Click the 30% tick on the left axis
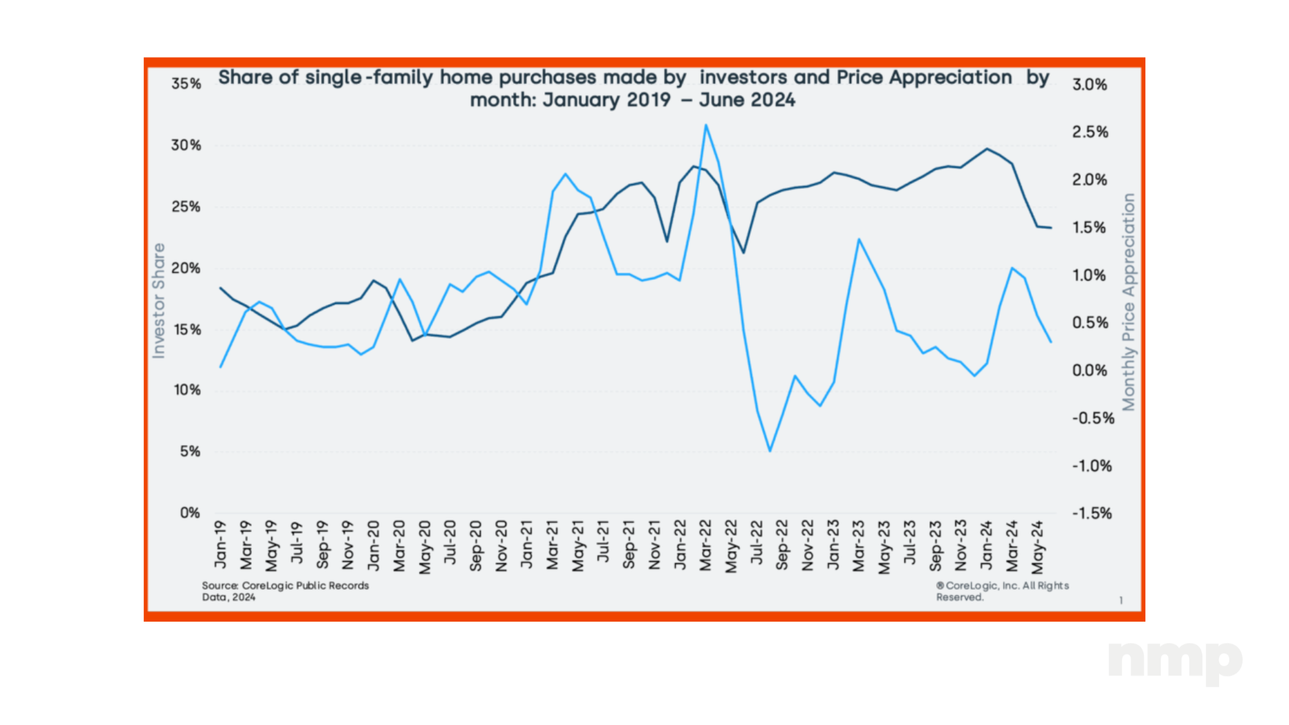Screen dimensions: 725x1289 186,145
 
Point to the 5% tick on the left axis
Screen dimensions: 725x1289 190,452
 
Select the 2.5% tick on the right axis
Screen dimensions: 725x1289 1090,132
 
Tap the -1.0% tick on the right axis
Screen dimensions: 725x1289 1092,466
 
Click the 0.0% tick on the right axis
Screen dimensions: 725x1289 1090,371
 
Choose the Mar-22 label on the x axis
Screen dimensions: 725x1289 706,545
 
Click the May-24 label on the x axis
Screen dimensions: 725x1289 1038,547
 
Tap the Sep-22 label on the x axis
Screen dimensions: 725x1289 782,545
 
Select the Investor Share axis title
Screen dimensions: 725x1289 158,301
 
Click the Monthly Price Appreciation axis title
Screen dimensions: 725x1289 1129,302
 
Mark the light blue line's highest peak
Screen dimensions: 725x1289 706,125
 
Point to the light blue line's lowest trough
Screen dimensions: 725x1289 769,451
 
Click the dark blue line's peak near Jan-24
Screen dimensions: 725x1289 987,149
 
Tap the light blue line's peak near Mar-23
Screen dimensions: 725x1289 859,239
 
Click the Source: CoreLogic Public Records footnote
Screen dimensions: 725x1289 285,591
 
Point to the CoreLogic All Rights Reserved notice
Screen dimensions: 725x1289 1002,591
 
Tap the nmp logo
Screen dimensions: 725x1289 1175,661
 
